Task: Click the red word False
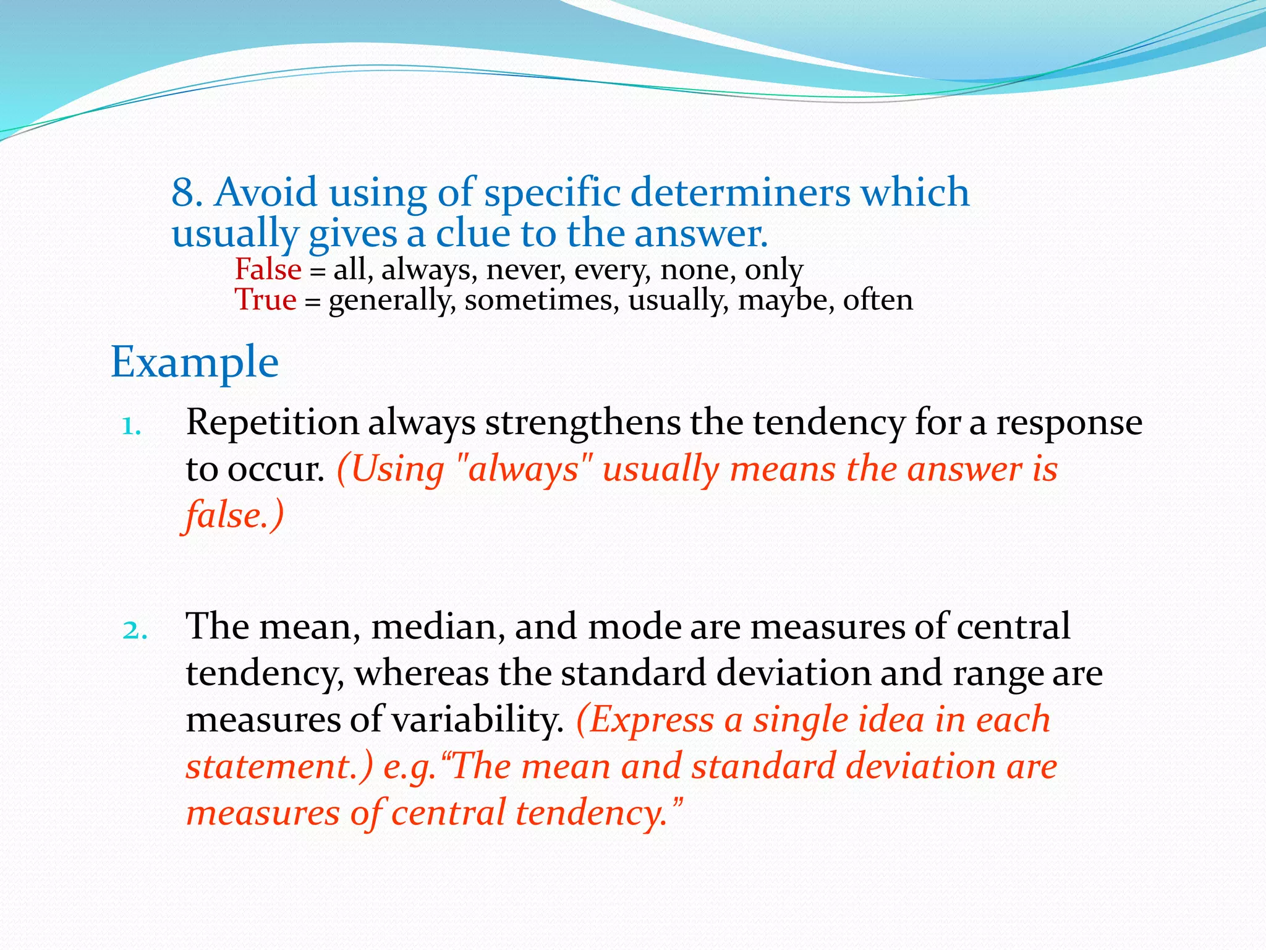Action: [x=268, y=270]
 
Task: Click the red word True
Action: [x=265, y=301]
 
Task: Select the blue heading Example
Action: [x=195, y=363]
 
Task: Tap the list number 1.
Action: [x=132, y=427]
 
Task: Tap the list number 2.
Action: [x=135, y=631]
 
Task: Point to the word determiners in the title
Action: [x=740, y=192]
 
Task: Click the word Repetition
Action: [x=272, y=423]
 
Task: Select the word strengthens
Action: [x=582, y=423]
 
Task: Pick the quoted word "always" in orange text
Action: [x=524, y=469]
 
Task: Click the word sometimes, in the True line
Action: [x=541, y=301]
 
